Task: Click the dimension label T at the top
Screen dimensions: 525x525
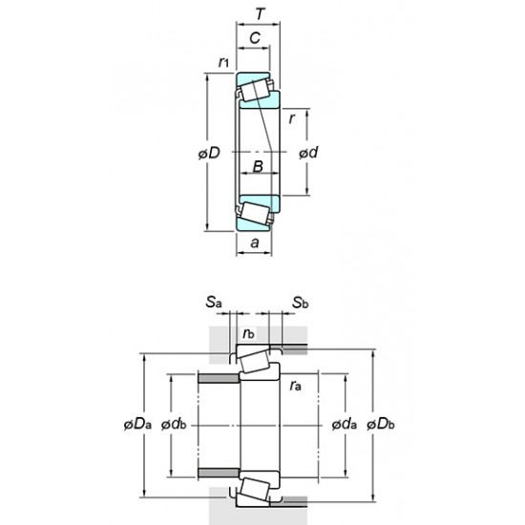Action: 259,15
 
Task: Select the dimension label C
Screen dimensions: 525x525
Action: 254,39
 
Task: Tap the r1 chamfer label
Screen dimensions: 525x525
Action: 222,63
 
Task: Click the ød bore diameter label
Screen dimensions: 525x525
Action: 308,154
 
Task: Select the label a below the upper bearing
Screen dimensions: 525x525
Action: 254,243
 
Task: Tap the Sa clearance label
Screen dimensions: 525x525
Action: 212,304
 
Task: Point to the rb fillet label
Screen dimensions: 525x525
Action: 248,333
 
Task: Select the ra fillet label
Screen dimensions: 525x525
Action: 297,386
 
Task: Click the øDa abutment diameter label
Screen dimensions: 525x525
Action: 136,423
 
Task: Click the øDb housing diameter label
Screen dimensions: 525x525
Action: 383,423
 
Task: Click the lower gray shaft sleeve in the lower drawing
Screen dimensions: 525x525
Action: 218,471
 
